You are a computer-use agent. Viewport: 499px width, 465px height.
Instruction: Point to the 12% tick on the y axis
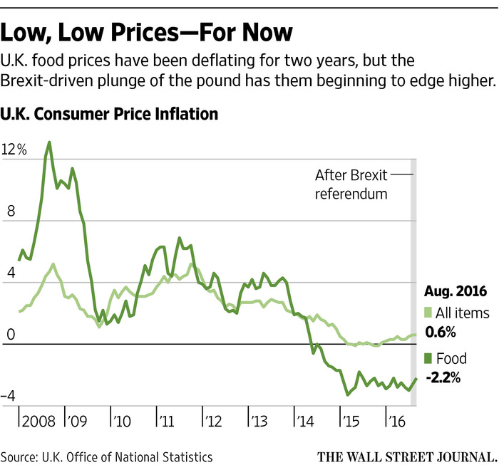pos(14,150)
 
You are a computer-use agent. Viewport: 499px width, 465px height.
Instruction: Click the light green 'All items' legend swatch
pos(428,313)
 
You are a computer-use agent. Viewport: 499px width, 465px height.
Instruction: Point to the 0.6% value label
pos(441,332)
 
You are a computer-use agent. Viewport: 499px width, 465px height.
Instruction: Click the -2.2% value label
pos(443,377)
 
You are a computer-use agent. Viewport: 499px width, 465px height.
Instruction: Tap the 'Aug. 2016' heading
pos(456,291)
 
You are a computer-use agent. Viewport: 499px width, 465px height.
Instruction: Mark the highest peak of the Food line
pos(49,142)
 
